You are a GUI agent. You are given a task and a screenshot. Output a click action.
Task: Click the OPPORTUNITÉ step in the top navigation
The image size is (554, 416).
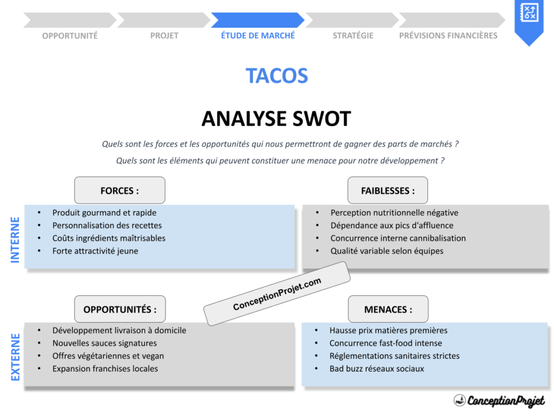pos(70,36)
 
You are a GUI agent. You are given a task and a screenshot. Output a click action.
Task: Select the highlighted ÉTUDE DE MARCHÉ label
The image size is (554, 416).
pos(258,36)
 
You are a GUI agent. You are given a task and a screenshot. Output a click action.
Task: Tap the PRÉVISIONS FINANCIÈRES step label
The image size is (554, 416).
pos(448,36)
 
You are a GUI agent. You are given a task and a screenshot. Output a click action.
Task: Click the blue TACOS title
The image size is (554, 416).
pos(276,76)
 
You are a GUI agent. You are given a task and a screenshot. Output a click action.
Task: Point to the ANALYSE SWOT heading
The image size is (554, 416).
pos(276,119)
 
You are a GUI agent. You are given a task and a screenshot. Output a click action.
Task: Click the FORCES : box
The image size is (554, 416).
pos(120,191)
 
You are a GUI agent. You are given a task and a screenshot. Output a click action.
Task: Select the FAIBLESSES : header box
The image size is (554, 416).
pos(387,191)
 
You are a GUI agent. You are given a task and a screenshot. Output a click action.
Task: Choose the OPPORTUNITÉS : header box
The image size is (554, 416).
pos(120,309)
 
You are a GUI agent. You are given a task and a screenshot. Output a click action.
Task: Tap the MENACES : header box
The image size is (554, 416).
pos(387,309)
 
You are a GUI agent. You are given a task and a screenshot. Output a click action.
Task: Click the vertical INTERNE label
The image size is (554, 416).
pos(15,239)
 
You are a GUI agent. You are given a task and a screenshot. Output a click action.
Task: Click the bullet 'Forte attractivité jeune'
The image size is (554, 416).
pos(95,251)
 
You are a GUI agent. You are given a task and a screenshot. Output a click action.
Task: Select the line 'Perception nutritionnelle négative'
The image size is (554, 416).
pos(394,213)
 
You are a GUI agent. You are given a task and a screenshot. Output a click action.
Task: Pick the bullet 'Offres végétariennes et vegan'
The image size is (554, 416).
pos(108,356)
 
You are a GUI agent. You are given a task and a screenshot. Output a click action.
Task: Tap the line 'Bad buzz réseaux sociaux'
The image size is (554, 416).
pos(377,369)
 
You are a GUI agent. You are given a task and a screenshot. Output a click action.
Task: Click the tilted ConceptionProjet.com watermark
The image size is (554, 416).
pos(277,294)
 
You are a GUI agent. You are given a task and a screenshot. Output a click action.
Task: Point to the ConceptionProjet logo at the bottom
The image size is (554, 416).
pos(499,401)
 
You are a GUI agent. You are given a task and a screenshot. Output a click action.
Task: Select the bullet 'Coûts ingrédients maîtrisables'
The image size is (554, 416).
pos(109,238)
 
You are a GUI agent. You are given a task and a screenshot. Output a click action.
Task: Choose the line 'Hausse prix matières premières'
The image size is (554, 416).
pos(388,330)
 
